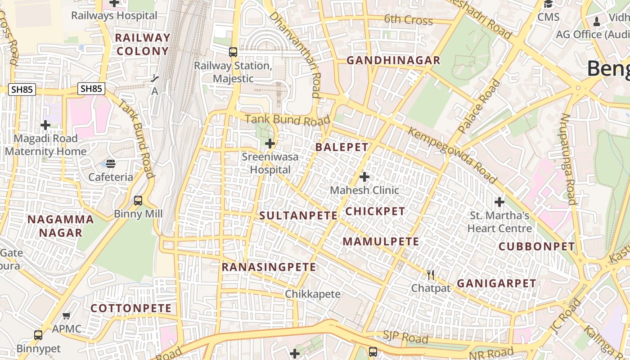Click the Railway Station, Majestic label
coord(233,72)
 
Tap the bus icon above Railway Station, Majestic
coord(233,52)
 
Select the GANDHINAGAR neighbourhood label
coord(393,60)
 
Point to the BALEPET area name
coord(342,147)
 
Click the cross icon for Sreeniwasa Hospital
coord(270,144)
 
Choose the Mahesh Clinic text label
coord(364,190)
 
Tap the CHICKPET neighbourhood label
coord(375,211)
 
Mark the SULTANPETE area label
coord(298,216)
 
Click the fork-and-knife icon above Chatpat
coord(431,275)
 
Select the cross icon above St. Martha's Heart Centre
coord(499,202)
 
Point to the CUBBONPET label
coord(537,247)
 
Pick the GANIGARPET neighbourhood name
coord(496,283)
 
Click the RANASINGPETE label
coord(269,267)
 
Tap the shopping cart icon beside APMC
coord(67,316)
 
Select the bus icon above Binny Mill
coord(138,201)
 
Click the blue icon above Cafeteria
coord(111,163)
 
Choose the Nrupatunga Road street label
coord(568,159)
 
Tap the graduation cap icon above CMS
coord(548,4)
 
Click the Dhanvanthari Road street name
coord(295,54)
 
